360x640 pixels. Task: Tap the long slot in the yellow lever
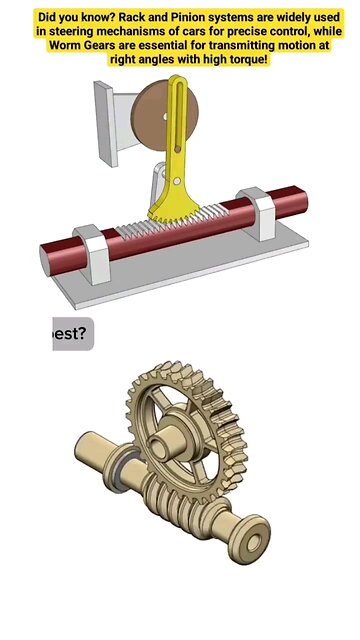pos(179,130)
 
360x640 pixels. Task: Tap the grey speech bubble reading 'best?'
pos(72,332)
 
